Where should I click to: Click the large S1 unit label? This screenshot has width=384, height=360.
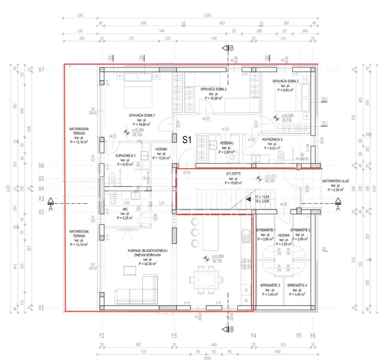[187, 140]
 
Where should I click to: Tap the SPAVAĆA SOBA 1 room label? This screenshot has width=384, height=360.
[142, 115]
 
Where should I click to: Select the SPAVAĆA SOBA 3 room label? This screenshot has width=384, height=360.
[285, 81]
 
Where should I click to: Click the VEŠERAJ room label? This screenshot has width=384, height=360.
[226, 143]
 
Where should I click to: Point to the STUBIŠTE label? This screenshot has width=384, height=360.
[233, 174]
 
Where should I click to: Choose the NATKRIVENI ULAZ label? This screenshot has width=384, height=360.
[335, 181]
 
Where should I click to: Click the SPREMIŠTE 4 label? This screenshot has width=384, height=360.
[297, 285]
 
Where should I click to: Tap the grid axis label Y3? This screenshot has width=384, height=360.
[174, 336]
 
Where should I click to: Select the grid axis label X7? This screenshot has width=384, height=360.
[41, 69]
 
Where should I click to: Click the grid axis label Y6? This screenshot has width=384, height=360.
[313, 336]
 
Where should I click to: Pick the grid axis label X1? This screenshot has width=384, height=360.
[41, 308]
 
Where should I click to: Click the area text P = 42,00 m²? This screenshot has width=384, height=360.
[148, 264]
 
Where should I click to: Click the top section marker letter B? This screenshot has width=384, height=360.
[232, 48]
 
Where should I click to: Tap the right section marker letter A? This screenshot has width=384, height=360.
[338, 208]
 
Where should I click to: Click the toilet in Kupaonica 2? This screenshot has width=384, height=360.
[281, 156]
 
